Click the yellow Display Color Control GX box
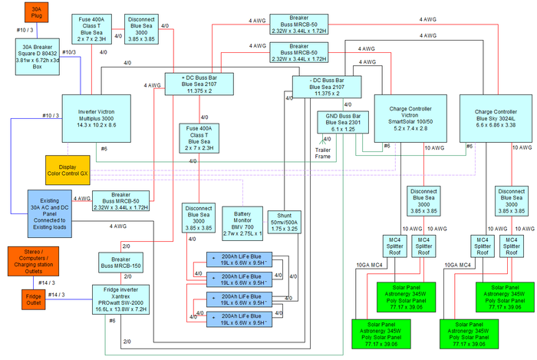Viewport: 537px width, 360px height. tap(74, 170)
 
